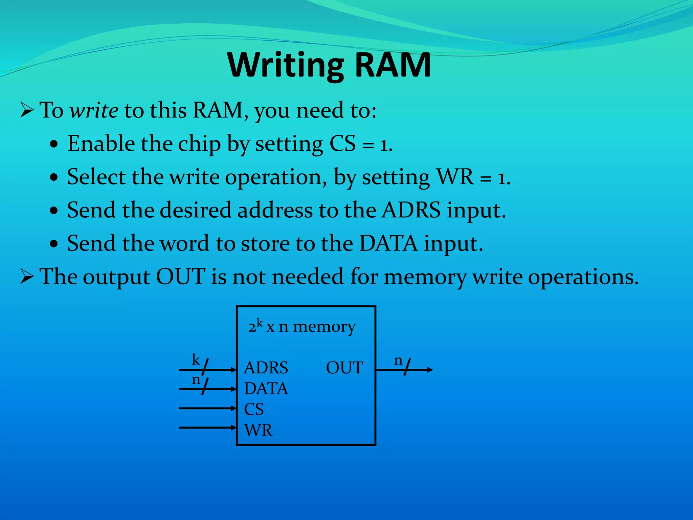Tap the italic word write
pos(94,110)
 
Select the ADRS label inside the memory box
pos(266,368)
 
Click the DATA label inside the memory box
pos(266,389)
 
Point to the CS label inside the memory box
pos(254,409)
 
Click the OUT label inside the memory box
pos(344,368)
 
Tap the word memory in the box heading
pos(324,327)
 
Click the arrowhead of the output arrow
pos(430,370)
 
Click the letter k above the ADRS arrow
pos(196,360)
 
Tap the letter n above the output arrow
pos(398,361)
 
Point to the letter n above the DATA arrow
pos(196,380)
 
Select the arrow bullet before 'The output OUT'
pos(27,277)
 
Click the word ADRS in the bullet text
pos(411,210)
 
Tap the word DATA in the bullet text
pos(388,243)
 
